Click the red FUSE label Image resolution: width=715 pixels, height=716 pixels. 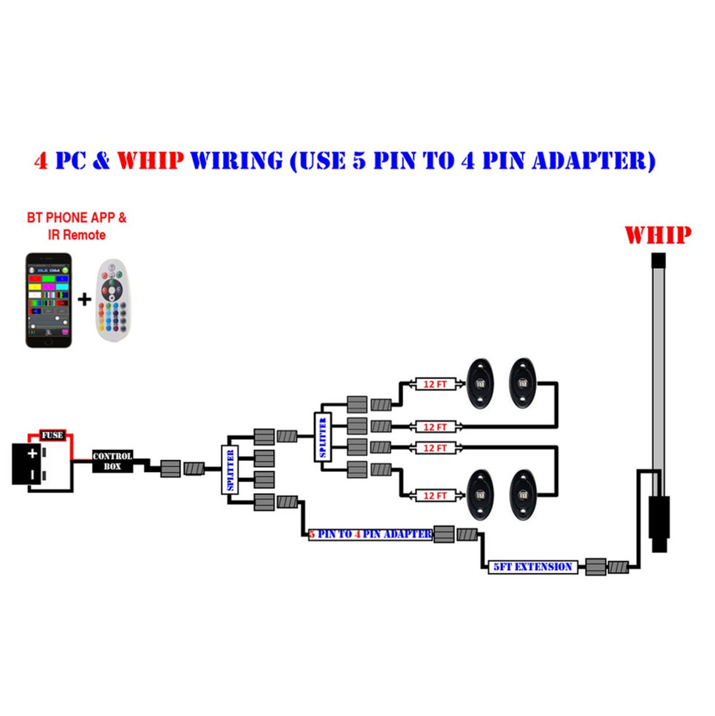click(52, 435)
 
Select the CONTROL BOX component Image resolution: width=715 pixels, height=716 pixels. click(112, 461)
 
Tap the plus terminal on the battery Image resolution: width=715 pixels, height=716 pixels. click(32, 453)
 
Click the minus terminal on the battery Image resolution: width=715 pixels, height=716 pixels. click(32, 476)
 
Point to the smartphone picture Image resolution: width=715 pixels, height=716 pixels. click(49, 300)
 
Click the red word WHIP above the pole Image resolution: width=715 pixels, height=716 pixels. click(658, 235)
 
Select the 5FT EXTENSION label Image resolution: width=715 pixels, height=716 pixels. click(533, 566)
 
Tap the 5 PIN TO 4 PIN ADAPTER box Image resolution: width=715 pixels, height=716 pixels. click(370, 534)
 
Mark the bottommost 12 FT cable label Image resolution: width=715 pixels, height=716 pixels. click(435, 496)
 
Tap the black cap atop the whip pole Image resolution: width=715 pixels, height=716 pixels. click(657, 260)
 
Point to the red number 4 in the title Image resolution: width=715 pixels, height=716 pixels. click(42, 160)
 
